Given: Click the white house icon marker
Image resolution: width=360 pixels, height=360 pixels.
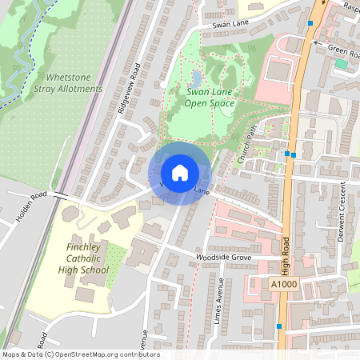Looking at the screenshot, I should tap(179, 173).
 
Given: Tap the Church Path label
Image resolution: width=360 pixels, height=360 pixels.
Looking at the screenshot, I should tap(249, 149).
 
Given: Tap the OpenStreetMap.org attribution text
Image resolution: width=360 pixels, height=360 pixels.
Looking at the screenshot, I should tap(104, 354).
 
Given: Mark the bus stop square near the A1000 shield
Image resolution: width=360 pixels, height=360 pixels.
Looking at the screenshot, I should tap(279, 326).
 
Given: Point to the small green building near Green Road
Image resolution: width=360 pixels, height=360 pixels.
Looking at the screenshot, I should tap(342, 63).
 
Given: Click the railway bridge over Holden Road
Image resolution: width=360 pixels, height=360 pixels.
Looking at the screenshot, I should tap(61, 196).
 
